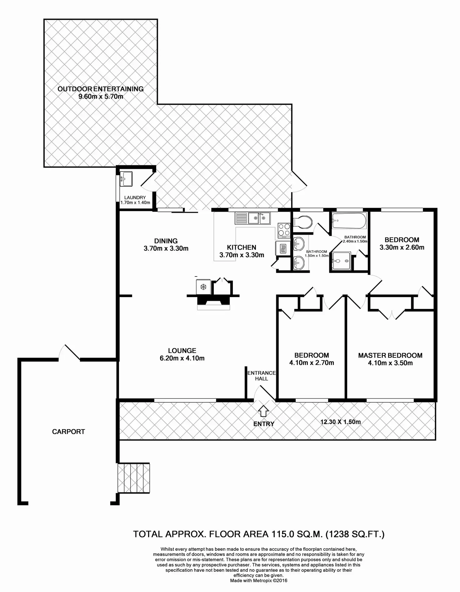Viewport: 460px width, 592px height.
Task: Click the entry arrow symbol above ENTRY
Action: (x=263, y=411)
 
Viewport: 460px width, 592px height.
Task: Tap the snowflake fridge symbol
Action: (x=203, y=287)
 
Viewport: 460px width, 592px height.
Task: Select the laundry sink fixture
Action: (x=126, y=179)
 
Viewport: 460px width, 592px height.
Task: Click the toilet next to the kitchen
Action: (x=302, y=222)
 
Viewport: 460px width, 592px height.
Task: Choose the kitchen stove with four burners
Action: (x=284, y=230)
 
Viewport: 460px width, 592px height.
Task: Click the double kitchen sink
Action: (x=259, y=218)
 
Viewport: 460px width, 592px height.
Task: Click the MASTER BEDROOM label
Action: (x=390, y=355)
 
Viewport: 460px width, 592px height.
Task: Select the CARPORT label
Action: (x=68, y=431)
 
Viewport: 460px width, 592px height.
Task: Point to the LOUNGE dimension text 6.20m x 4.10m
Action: (x=182, y=358)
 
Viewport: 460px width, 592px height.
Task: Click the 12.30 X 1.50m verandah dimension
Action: (x=340, y=422)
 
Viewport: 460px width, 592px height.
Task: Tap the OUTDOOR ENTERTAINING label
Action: (x=100, y=89)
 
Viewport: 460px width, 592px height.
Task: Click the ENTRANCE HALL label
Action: (x=262, y=376)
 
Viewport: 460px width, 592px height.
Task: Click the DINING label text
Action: (x=166, y=241)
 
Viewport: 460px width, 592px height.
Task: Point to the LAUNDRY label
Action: (x=135, y=197)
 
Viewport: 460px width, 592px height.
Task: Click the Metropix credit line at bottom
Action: (x=258, y=581)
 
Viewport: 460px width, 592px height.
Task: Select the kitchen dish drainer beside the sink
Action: (x=242, y=218)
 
